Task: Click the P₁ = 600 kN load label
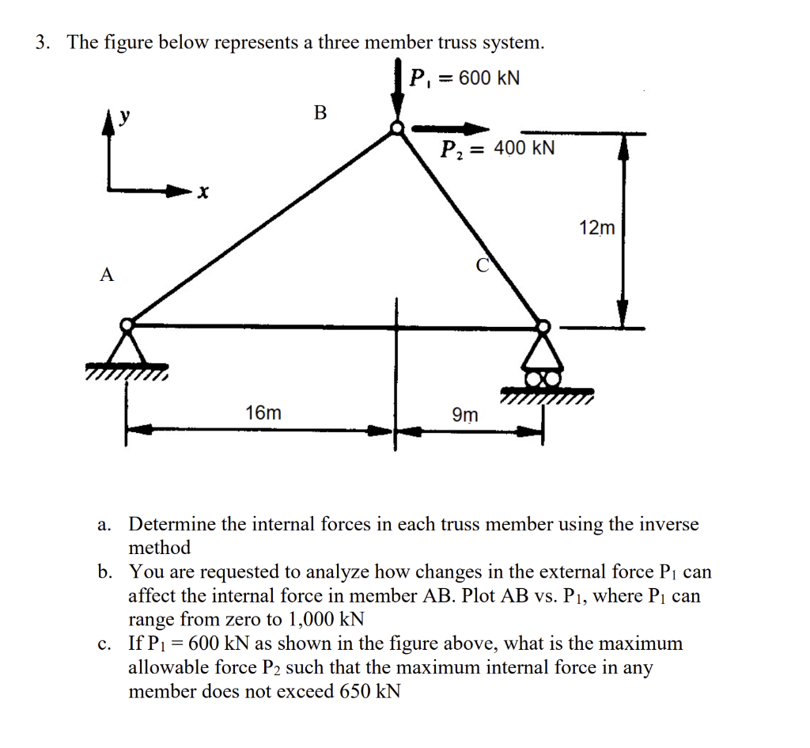(x=465, y=78)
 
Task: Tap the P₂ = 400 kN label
(x=498, y=149)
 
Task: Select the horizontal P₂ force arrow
(x=451, y=128)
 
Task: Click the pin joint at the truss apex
(x=397, y=128)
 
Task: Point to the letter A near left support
(x=107, y=275)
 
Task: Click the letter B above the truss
(x=320, y=112)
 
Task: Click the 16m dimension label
(x=263, y=413)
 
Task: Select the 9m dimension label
(x=464, y=415)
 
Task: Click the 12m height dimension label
(x=596, y=229)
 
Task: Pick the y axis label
(x=124, y=117)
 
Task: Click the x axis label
(x=204, y=192)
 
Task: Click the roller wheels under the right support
(x=543, y=379)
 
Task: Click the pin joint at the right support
(x=543, y=325)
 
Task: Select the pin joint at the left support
(x=127, y=325)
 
